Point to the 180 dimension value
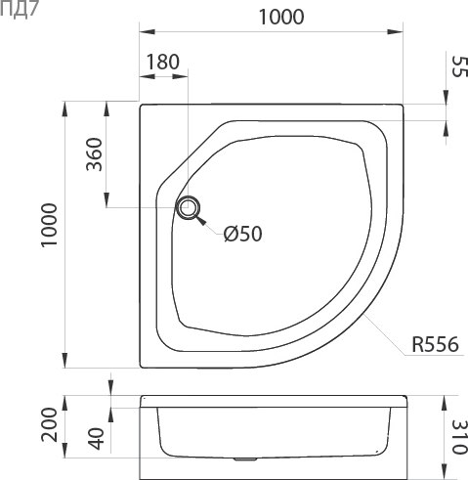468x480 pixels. [x=161, y=62]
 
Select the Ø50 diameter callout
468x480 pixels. [x=243, y=234]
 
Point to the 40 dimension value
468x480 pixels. [x=95, y=439]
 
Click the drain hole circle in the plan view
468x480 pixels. [x=188, y=207]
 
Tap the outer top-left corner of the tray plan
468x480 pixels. [x=141, y=103]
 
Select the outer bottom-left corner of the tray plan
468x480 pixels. [x=141, y=367]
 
